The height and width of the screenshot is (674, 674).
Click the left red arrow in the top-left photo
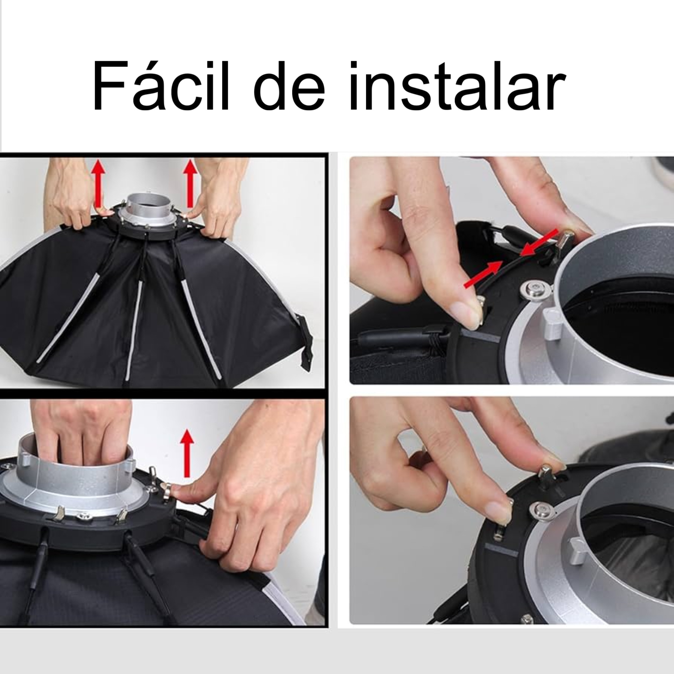pos(99,183)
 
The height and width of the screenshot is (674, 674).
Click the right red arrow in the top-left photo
pos(190,183)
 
